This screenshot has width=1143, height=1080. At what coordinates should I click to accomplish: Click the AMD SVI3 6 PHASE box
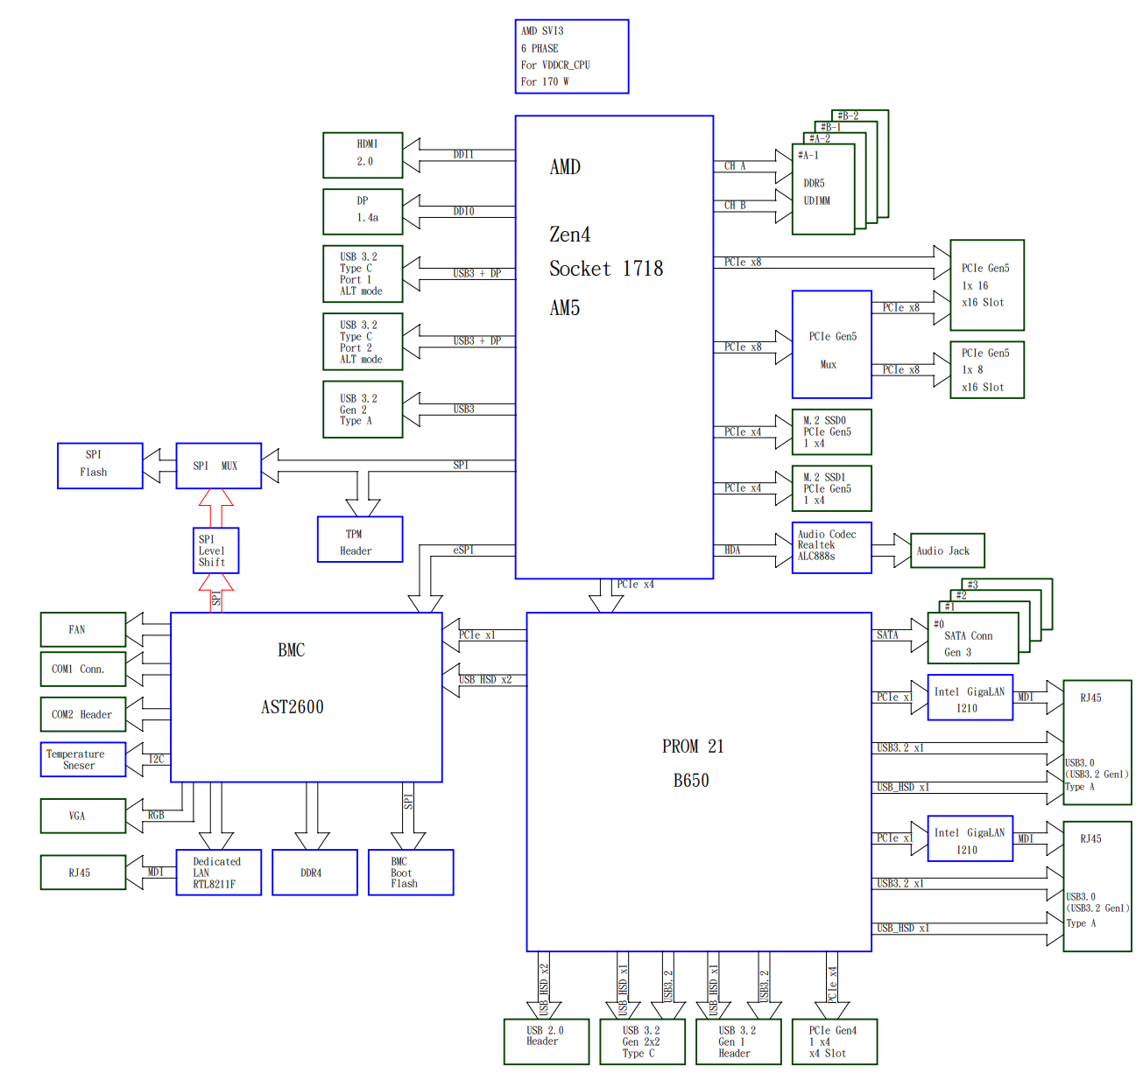(571, 57)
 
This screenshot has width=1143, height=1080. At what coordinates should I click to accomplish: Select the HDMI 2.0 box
(363, 155)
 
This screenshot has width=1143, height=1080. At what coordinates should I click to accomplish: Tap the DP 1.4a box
(363, 211)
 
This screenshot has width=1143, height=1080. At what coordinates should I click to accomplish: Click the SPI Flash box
(100, 465)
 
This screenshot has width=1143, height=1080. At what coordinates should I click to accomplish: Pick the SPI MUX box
(218, 465)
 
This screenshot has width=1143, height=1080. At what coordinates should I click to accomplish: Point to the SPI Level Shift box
(215, 551)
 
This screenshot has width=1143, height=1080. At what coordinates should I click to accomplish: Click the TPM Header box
(359, 539)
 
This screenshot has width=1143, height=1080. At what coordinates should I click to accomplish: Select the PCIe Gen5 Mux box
(831, 345)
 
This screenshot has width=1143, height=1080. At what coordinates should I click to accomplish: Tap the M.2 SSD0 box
(831, 431)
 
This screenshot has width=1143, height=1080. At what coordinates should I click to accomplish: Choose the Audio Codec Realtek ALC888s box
(831, 549)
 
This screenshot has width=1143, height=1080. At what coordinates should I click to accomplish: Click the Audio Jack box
(947, 551)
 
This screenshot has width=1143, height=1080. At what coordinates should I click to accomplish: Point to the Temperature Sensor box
(82, 759)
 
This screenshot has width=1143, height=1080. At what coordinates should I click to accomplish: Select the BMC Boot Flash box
(410, 873)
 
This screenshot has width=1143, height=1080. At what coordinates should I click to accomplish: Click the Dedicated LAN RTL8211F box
(218, 873)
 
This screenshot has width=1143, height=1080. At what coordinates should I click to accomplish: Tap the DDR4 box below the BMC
(314, 873)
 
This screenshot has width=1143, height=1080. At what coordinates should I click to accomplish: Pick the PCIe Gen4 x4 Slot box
(834, 1041)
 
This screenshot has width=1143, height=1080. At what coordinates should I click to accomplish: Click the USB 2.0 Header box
(546, 1041)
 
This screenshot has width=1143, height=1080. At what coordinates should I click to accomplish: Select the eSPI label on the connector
(463, 550)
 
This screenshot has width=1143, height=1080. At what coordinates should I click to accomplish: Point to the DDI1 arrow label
(463, 154)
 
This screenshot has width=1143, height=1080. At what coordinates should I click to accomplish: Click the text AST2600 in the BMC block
(293, 707)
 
